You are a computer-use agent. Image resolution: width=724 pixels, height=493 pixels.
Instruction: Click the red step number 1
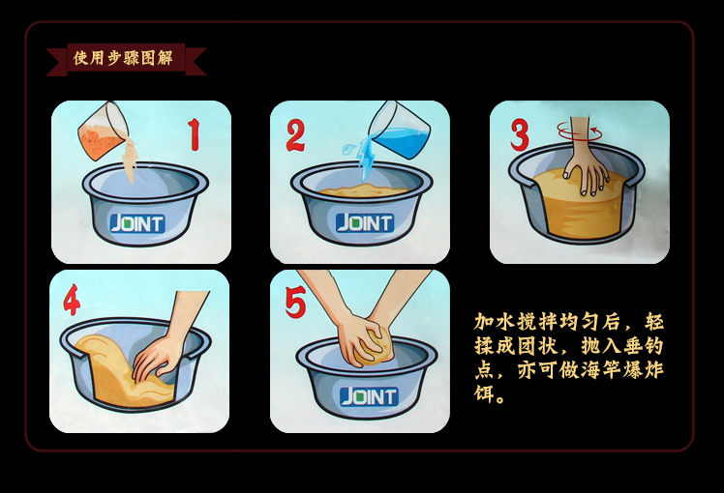195,134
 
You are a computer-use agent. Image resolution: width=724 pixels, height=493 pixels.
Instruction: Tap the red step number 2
295,134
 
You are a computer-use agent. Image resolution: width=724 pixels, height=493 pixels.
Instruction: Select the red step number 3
520,134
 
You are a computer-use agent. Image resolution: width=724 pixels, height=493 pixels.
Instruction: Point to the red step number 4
72,300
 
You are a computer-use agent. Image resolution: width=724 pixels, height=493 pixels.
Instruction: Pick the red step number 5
295,302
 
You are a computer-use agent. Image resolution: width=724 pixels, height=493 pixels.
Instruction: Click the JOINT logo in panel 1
137,223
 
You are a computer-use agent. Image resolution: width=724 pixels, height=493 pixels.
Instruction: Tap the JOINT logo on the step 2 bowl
365,222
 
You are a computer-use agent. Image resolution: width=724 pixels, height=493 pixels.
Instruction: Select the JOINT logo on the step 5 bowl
369,396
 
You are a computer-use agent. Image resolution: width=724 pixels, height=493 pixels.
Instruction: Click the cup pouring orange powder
104,130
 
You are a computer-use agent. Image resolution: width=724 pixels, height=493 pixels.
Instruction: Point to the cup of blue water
400,130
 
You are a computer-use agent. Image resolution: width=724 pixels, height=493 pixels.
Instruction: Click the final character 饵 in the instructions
485,394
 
